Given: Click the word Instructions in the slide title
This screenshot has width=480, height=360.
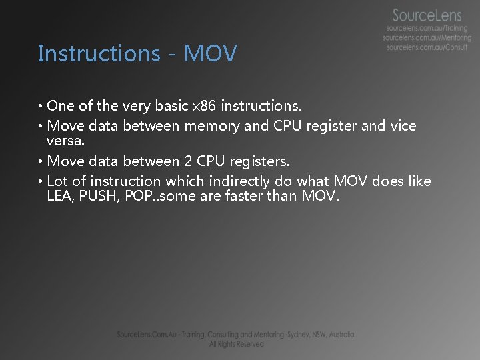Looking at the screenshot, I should coord(99,53).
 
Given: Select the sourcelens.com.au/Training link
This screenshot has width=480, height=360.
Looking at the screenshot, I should coord(427,29).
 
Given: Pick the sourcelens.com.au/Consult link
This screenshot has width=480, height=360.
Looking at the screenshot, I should coord(427,47).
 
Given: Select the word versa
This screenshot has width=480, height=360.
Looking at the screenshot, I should coord(65,141).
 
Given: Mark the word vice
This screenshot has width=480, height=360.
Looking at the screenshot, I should coord(403,126).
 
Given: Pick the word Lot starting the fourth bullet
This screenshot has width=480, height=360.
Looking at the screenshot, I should coord(57,181).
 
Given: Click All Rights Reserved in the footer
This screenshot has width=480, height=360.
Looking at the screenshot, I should coord(236,344).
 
